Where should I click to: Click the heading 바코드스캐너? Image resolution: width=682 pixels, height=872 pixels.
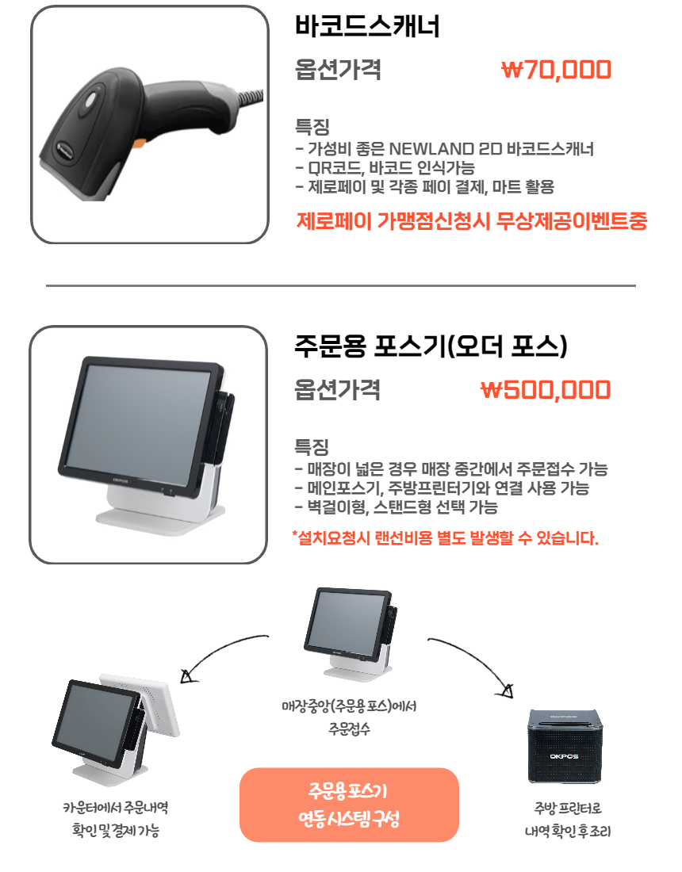pyautogui.click(x=367, y=25)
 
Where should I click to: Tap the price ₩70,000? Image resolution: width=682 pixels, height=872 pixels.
pyautogui.click(x=556, y=70)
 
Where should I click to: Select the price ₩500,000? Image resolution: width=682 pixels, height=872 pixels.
pyautogui.click(x=546, y=389)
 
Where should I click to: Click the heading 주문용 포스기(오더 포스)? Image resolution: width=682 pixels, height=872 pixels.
pyautogui.click(x=431, y=346)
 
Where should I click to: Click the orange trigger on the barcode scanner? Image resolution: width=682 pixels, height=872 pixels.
pyautogui.click(x=139, y=143)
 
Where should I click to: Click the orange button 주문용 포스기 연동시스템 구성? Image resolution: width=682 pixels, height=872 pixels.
pyautogui.click(x=349, y=805)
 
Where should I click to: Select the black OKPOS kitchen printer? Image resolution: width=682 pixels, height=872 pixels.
pyautogui.click(x=565, y=746)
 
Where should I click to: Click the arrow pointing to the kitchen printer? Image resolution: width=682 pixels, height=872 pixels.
pyautogui.click(x=478, y=656)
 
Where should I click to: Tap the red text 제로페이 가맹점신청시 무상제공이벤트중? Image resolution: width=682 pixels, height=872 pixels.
pyautogui.click(x=472, y=221)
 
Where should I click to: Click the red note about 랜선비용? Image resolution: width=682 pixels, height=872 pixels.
pyautogui.click(x=445, y=537)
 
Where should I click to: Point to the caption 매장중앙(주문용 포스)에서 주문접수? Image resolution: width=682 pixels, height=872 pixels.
pyautogui.click(x=349, y=717)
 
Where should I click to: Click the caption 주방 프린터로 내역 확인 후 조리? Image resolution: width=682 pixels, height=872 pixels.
pyautogui.click(x=567, y=819)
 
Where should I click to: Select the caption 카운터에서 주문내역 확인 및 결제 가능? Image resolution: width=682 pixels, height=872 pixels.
pyautogui.click(x=116, y=819)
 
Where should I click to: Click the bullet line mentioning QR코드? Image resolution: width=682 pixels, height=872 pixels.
pyautogui.click(x=385, y=168)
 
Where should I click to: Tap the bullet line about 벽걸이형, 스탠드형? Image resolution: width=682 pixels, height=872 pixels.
pyautogui.click(x=397, y=507)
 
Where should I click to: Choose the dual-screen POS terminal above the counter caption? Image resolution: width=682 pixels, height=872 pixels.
pyautogui.click(x=116, y=729)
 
